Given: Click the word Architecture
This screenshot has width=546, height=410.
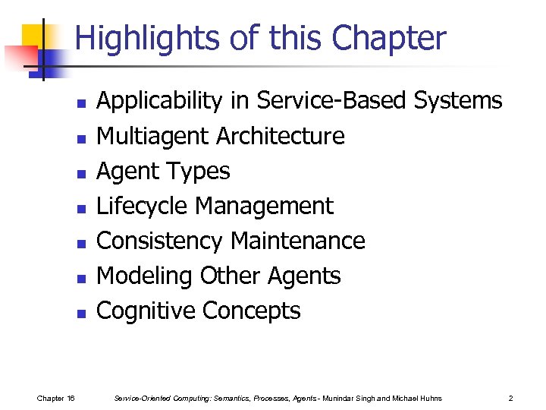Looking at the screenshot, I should pyautogui.click(x=281, y=136).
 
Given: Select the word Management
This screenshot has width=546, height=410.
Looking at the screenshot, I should pyautogui.click(x=265, y=206).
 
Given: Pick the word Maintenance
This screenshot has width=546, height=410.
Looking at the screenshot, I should pyautogui.click(x=297, y=241).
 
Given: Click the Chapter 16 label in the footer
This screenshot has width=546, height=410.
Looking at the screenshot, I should pyautogui.click(x=55, y=398).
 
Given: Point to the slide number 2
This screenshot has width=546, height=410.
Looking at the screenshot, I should pyautogui.click(x=511, y=398).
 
